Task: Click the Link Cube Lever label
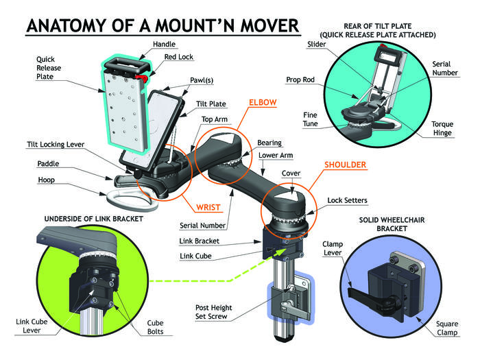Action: point(32,326)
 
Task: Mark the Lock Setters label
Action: point(348,200)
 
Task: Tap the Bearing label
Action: point(268,143)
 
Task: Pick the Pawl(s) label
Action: point(202,80)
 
